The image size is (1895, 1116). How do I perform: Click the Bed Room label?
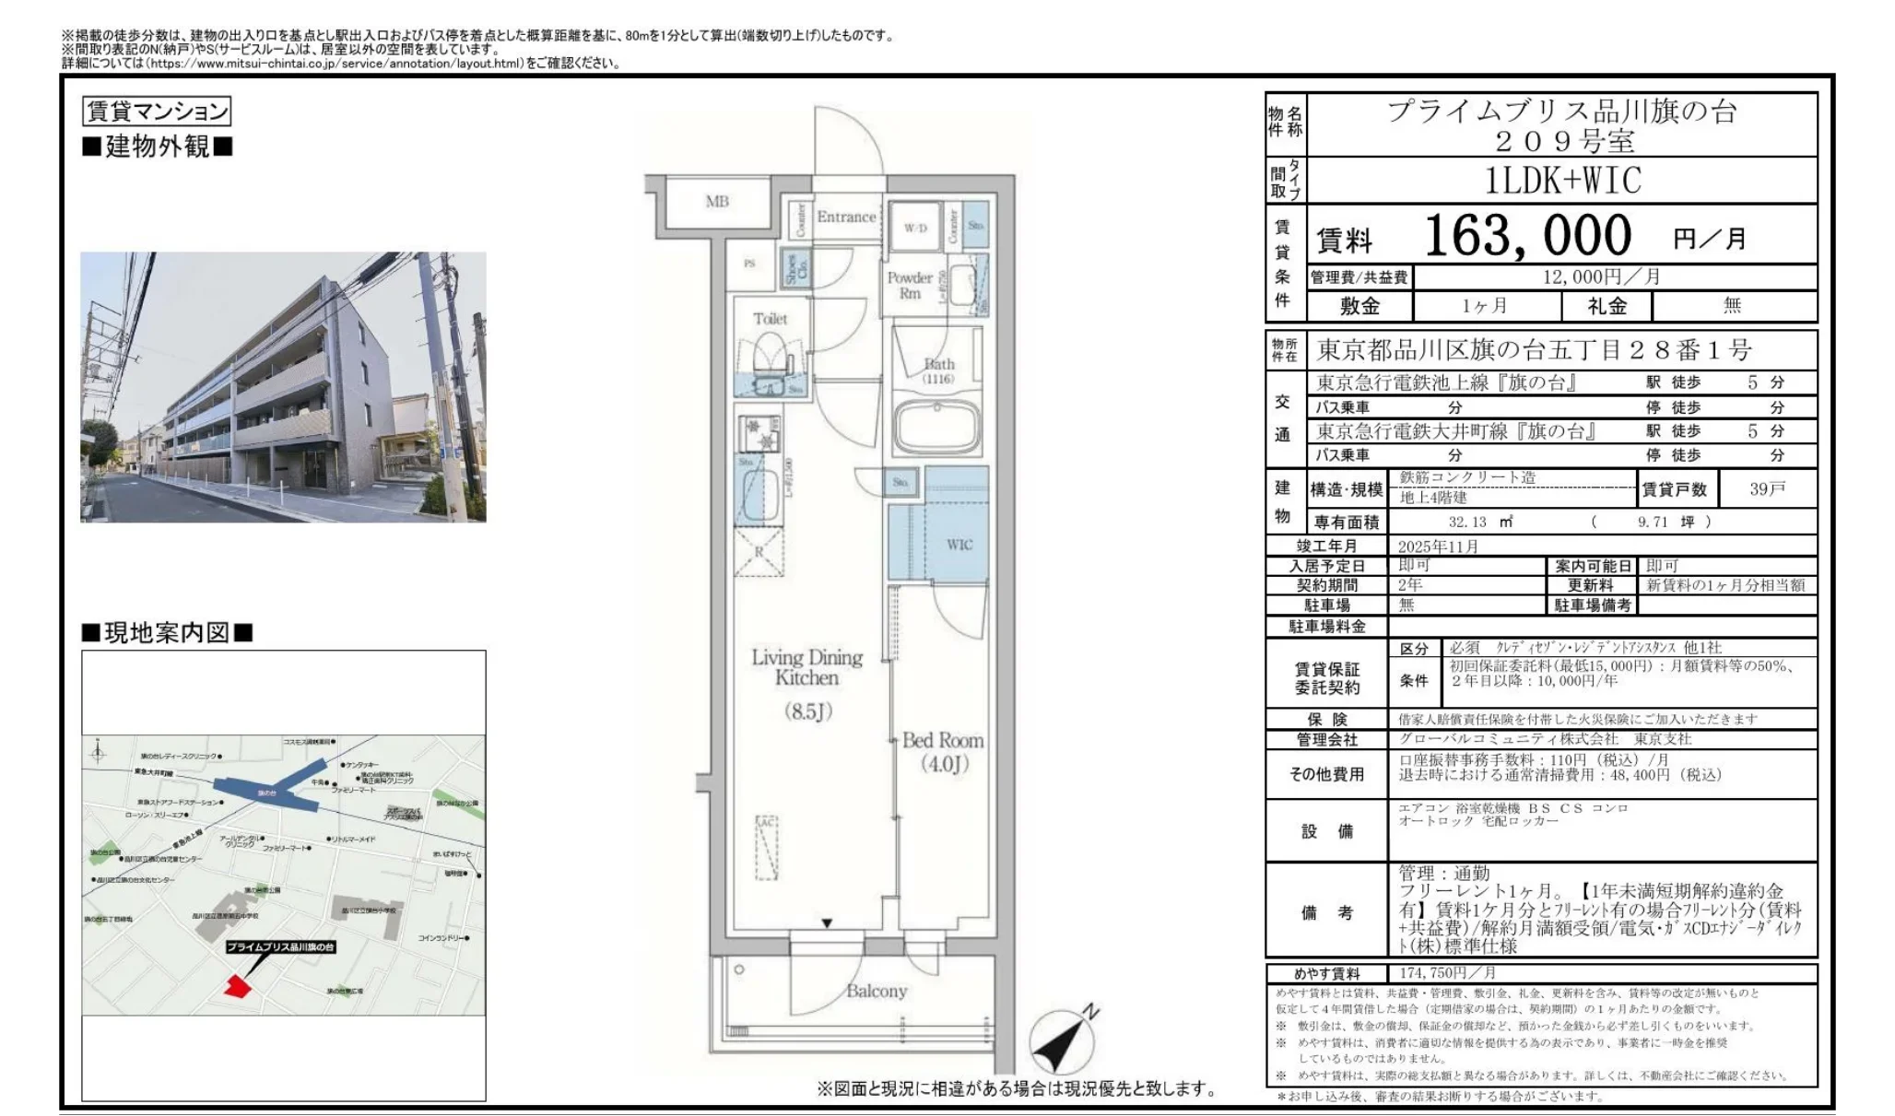coord(942,751)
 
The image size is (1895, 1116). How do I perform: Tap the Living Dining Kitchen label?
coord(806,667)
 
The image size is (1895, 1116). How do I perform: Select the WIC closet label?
coord(959,545)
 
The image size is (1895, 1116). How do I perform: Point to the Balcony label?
coord(876,991)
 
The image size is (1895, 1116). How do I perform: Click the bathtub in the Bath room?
coord(936,425)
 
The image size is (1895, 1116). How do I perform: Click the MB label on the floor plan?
coord(717,201)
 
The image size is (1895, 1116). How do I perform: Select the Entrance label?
coord(845,217)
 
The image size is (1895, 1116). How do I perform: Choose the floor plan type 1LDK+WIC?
coord(1562,181)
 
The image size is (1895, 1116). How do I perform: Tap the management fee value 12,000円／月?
coord(1601,276)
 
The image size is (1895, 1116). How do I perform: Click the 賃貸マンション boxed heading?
coord(156,112)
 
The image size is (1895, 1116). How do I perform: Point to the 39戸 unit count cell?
coord(1767,488)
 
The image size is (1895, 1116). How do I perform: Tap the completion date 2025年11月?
coord(1438,546)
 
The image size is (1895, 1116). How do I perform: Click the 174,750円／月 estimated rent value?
coord(1447,973)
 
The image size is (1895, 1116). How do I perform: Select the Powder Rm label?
coord(910,285)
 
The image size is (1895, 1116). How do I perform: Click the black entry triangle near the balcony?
coord(828,922)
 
